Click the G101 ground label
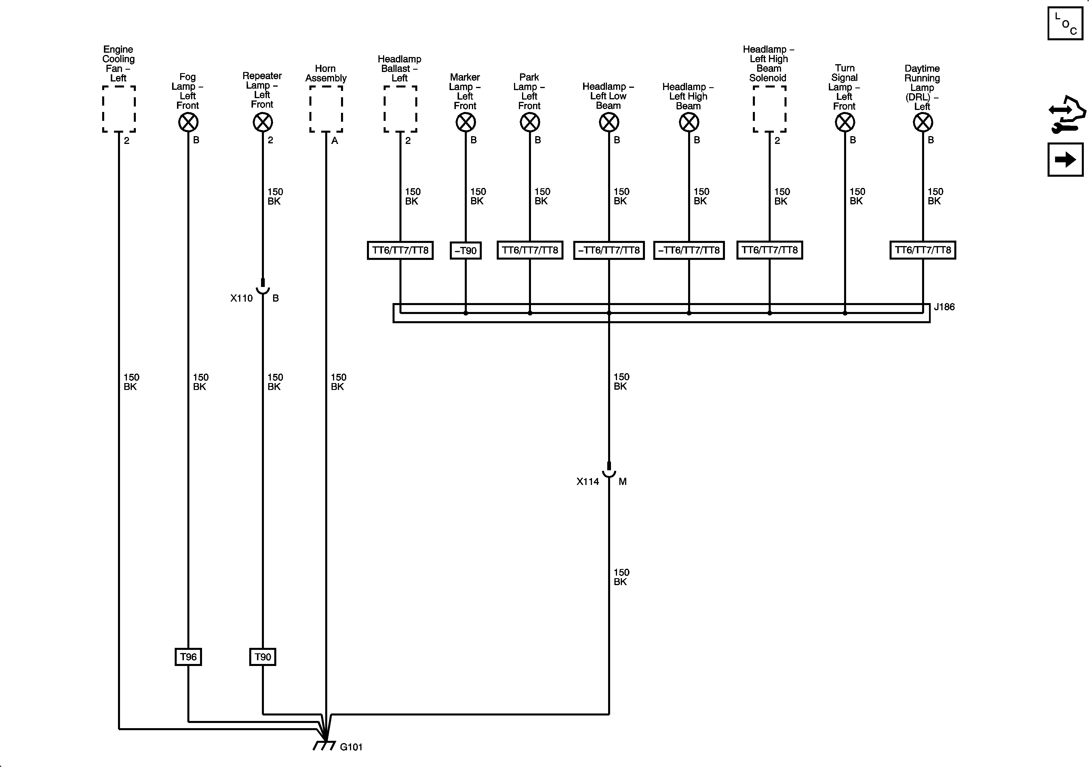pos(351,747)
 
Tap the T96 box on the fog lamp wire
pos(188,657)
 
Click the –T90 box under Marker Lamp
pos(465,250)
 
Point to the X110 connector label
pos(241,298)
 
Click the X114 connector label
pos(588,481)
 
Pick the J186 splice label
pos(944,307)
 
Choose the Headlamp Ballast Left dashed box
pos(400,109)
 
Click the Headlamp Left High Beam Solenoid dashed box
pos(769,109)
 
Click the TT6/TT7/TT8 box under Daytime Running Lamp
pos(923,250)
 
